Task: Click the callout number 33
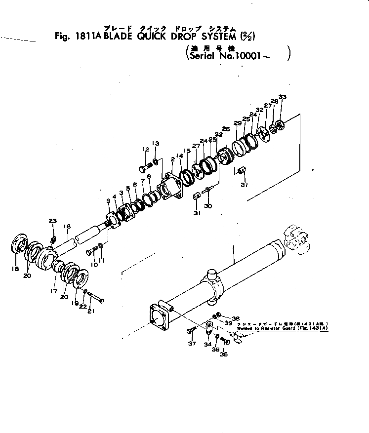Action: click(282, 97)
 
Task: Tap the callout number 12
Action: click(145, 149)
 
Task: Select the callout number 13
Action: click(156, 144)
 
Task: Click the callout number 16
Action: click(68, 227)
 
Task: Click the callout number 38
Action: click(236, 318)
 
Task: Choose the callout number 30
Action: click(208, 206)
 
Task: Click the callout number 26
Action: click(226, 129)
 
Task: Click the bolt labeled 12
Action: click(145, 167)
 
